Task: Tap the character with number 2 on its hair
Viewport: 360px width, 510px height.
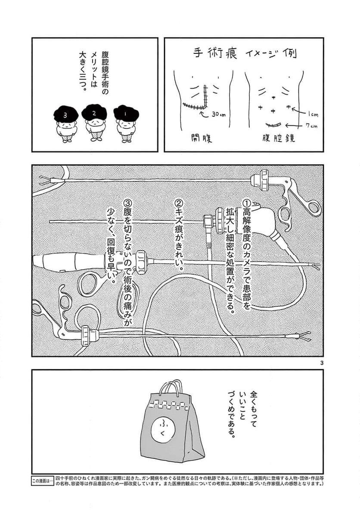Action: pyautogui.click(x=94, y=123)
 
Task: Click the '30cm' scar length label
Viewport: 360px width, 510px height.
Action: pyautogui.click(x=220, y=115)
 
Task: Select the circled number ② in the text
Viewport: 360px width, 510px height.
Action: pyautogui.click(x=180, y=202)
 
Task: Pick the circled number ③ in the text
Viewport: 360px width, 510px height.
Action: pyautogui.click(x=127, y=202)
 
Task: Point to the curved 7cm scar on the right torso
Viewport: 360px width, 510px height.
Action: pyautogui.click(x=273, y=125)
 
